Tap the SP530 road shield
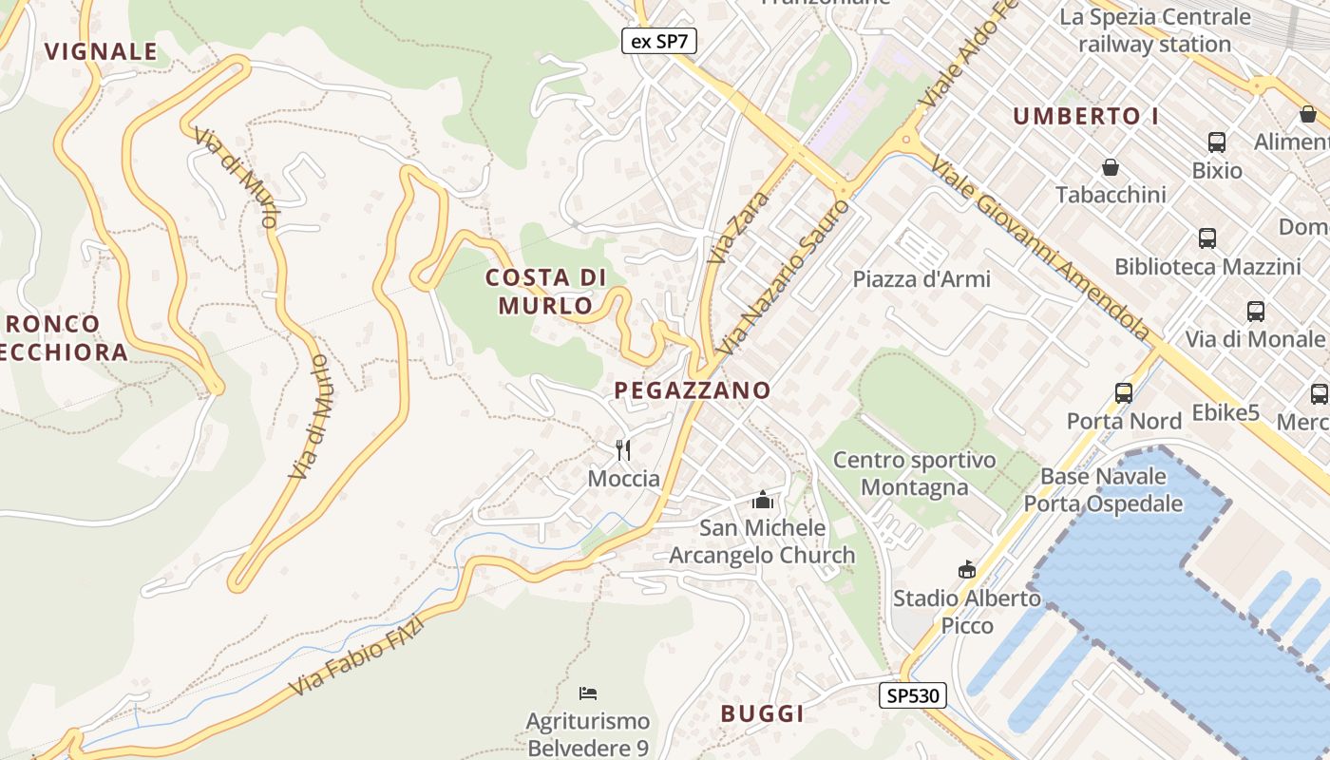click(x=912, y=695)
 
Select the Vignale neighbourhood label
click(x=101, y=51)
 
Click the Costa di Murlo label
click(x=546, y=292)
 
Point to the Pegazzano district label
click(x=693, y=390)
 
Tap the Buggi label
click(x=762, y=713)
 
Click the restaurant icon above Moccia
click(x=623, y=449)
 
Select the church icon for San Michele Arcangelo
click(x=762, y=500)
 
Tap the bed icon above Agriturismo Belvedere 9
click(x=588, y=693)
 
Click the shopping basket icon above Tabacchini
click(x=1110, y=168)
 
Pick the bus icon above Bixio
click(x=1217, y=142)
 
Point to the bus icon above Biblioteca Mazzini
click(x=1207, y=238)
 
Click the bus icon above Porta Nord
click(x=1124, y=392)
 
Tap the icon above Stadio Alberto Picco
click(x=967, y=569)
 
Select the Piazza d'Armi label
click(x=921, y=278)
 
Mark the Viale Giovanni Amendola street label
click(x=1039, y=249)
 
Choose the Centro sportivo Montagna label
click(x=914, y=473)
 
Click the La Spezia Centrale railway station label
click(x=1154, y=30)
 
